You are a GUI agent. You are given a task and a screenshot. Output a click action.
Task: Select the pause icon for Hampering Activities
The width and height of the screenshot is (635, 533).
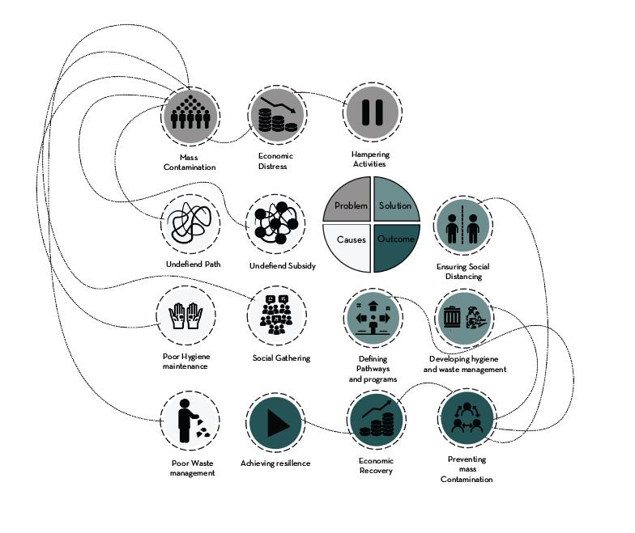[371, 112]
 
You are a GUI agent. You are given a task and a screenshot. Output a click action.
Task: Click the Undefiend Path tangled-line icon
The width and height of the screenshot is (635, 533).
[190, 224]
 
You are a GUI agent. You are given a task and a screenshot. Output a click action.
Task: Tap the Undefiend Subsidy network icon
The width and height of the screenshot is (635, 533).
[277, 224]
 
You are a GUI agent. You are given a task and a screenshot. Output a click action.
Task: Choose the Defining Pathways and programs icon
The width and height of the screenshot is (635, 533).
[373, 316]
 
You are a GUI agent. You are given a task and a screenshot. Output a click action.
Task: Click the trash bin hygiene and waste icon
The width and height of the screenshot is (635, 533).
[464, 318]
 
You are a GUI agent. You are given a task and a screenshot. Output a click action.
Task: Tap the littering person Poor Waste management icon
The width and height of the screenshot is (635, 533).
[189, 421]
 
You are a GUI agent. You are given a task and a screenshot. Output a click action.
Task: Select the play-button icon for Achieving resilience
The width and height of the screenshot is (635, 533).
[275, 421]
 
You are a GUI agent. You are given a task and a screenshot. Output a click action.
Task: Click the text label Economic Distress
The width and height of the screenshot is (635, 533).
[275, 161]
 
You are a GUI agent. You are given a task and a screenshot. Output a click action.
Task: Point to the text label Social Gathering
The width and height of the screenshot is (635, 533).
[281, 358]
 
